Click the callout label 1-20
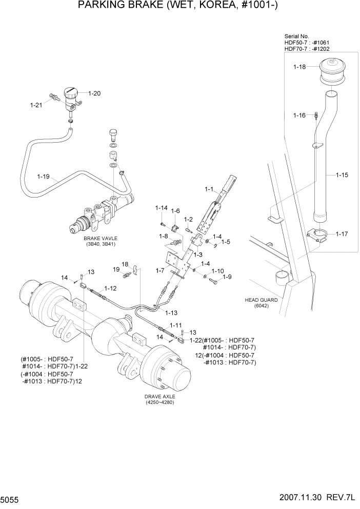pos(94,93)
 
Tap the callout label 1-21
pos(36,105)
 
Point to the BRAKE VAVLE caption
pos(101,239)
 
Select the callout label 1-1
pos(209,189)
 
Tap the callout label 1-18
pos(299,67)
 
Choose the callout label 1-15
pos(342,175)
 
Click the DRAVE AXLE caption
pos(159,397)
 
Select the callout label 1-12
pos(111,288)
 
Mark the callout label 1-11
pos(176,325)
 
